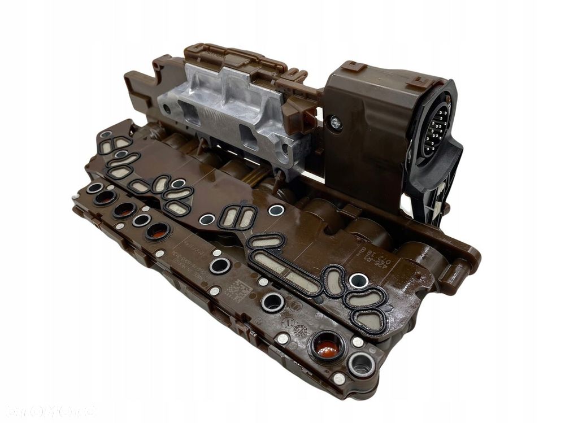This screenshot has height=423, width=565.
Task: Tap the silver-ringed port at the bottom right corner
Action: pyautogui.click(x=361, y=364)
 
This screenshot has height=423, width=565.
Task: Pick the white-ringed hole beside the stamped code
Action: pyautogui.click(x=358, y=280)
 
